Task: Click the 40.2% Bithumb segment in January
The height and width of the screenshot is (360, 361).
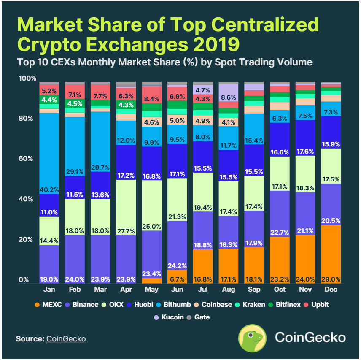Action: pos(50,154)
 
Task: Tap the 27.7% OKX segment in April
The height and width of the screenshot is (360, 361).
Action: pos(114,208)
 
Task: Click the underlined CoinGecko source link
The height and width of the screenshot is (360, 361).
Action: pos(66,338)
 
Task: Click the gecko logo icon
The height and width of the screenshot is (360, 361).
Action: pos(252,338)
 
